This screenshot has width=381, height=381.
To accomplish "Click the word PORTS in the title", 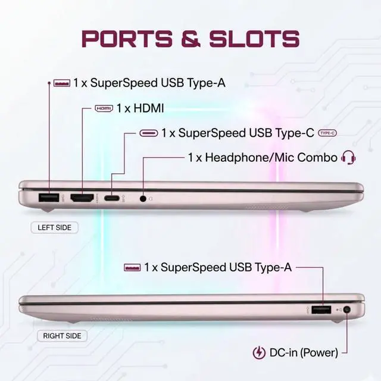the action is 127,39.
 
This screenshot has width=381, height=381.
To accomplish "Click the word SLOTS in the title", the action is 254,39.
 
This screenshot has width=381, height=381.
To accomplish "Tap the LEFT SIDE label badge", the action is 54,227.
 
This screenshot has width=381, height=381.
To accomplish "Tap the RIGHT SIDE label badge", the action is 62,336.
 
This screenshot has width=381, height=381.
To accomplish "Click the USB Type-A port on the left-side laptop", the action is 49,198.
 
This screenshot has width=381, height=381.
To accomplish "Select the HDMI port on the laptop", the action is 82,198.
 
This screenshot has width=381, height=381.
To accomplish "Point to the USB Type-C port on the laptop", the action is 112,198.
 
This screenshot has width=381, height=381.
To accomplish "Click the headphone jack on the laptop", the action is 143,198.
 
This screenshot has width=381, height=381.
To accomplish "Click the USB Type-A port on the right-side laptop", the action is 321,310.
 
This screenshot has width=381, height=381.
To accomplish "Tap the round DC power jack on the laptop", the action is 348,310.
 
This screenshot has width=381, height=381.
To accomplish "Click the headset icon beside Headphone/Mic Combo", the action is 348,157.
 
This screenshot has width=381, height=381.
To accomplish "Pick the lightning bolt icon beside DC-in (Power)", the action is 259,353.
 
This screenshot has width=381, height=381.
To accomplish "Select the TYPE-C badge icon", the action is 327,133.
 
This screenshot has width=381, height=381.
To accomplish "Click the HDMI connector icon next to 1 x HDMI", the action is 104,108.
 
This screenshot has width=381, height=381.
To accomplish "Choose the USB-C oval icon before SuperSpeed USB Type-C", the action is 149,133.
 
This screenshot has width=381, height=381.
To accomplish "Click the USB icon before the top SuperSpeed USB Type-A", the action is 62,83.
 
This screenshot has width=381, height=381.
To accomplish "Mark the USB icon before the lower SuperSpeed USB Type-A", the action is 132,267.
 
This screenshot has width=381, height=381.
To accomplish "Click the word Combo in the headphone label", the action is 317,157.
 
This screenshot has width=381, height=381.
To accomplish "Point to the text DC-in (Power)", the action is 304,353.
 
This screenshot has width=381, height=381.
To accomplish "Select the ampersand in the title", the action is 191,39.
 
